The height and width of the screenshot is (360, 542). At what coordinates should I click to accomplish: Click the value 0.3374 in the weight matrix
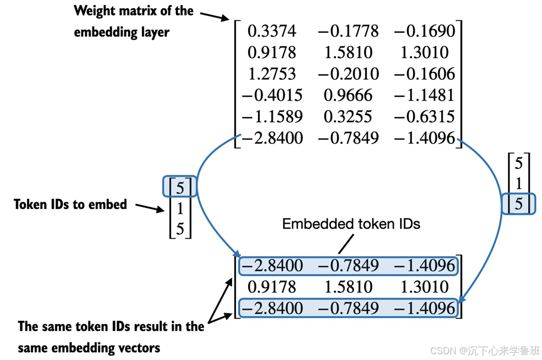pyautogui.click(x=271, y=31)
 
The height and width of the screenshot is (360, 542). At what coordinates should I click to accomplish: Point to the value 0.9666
pyautogui.click(x=348, y=95)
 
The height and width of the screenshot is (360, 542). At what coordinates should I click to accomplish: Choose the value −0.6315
pyautogui.click(x=424, y=116)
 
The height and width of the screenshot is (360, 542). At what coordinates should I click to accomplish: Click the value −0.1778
pyautogui.click(x=348, y=31)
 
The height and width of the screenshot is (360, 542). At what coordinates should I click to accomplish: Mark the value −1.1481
pyautogui.click(x=424, y=95)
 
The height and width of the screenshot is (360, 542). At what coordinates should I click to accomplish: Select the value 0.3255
pyautogui.click(x=348, y=116)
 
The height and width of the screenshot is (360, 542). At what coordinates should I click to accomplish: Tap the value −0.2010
pyautogui.click(x=348, y=73)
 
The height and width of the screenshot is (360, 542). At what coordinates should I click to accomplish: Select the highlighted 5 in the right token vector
pyautogui.click(x=518, y=203)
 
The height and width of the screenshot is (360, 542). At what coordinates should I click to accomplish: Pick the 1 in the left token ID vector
pyautogui.click(x=180, y=208)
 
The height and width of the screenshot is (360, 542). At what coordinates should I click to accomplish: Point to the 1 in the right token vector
pyautogui.click(x=518, y=183)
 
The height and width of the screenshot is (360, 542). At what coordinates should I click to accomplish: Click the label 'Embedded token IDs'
pyautogui.click(x=351, y=224)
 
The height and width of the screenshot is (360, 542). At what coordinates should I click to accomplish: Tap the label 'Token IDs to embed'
pyautogui.click(x=70, y=204)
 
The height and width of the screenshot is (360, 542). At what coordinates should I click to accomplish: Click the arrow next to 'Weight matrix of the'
pyautogui.click(x=214, y=16)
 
